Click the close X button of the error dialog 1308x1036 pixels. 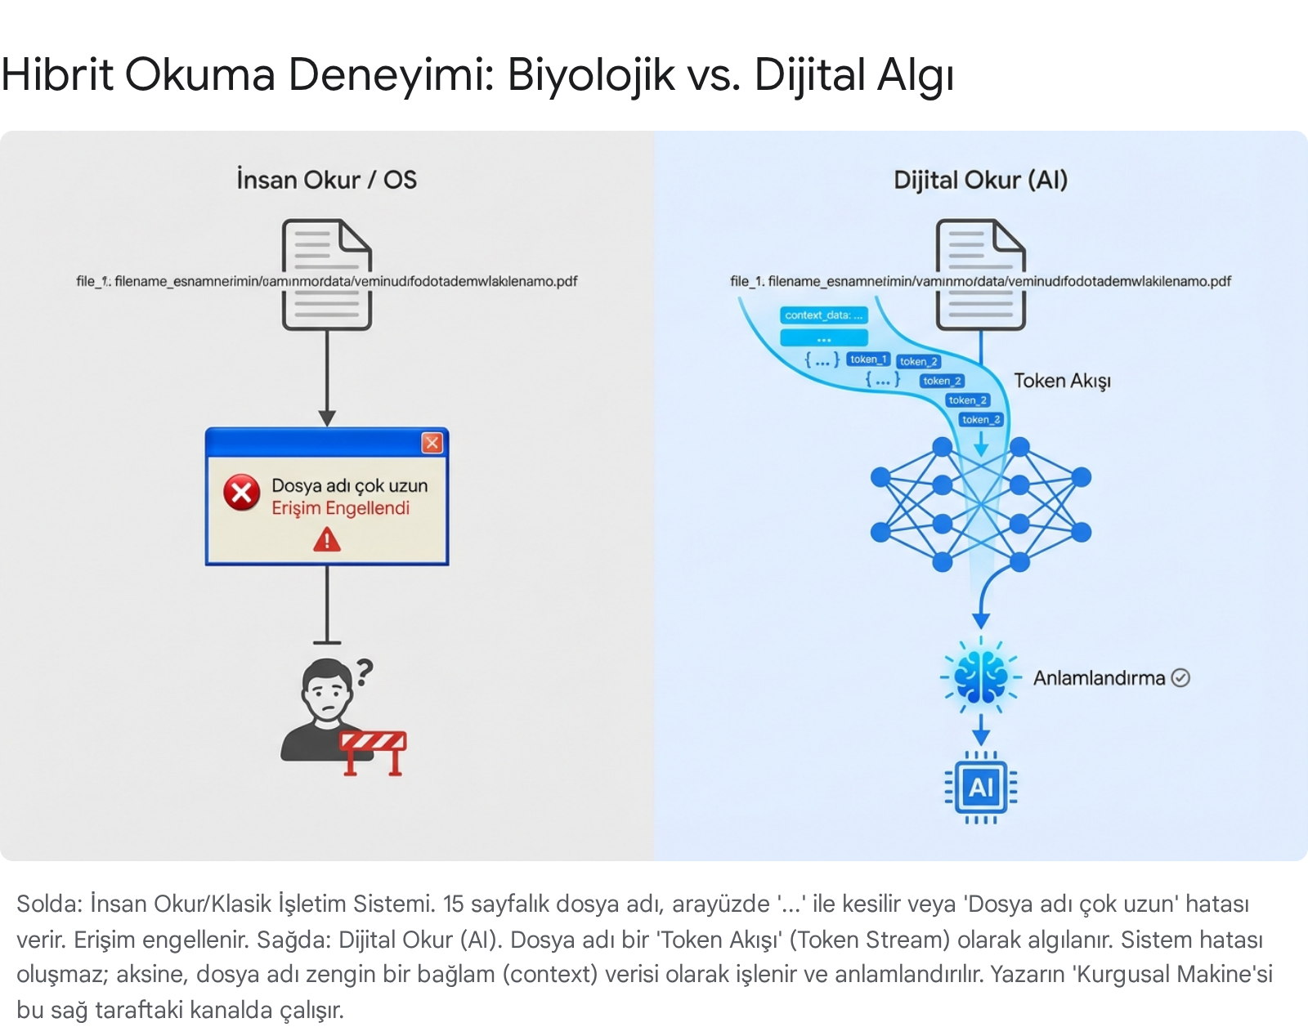pyautogui.click(x=432, y=443)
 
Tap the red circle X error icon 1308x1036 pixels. pyautogui.click(x=242, y=493)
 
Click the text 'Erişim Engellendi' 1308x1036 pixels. pyautogui.click(x=340, y=508)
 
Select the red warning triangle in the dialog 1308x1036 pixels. pyautogui.click(x=327, y=540)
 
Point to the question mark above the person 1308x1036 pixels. pyautogui.click(x=365, y=672)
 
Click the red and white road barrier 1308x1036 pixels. pyautogui.click(x=374, y=751)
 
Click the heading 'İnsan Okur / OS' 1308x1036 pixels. pyautogui.click(x=326, y=180)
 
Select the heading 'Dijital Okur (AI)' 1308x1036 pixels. pyautogui.click(x=980, y=180)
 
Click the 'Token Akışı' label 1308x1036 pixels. pyautogui.click(x=1062, y=381)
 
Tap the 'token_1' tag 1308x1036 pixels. pyautogui.click(x=867, y=359)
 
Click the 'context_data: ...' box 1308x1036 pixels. pyautogui.click(x=823, y=315)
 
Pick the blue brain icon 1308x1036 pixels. pyautogui.click(x=981, y=677)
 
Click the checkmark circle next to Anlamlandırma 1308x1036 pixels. pyautogui.click(x=1180, y=677)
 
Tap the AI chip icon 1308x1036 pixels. pyautogui.click(x=981, y=787)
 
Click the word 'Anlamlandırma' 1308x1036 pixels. pyautogui.click(x=1099, y=678)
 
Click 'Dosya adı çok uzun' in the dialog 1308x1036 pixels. pyautogui.click(x=349, y=485)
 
